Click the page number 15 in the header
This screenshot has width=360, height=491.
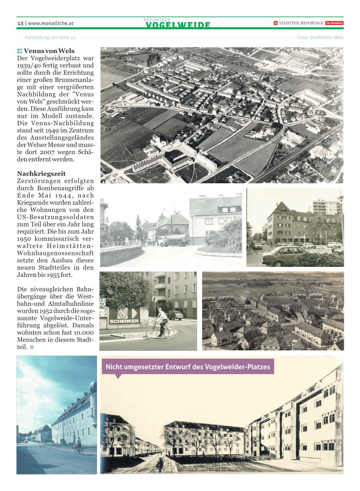(x=20, y=23)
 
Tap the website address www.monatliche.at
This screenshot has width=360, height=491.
(x=50, y=23)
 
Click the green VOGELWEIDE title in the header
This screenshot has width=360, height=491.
(x=178, y=25)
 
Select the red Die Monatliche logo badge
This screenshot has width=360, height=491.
(x=334, y=23)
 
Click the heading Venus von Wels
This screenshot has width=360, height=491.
(x=49, y=51)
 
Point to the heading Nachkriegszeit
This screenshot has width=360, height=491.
(x=41, y=174)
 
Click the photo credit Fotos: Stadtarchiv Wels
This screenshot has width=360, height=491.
(x=320, y=37)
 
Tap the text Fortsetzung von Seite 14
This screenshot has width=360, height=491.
(x=50, y=37)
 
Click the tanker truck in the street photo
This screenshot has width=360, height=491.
(x=173, y=240)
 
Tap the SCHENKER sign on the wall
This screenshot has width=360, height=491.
(x=124, y=321)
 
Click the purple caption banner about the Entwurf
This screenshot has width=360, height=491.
(x=188, y=367)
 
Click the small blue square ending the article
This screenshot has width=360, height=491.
(x=32, y=347)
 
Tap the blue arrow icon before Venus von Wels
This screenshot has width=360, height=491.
(x=20, y=51)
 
